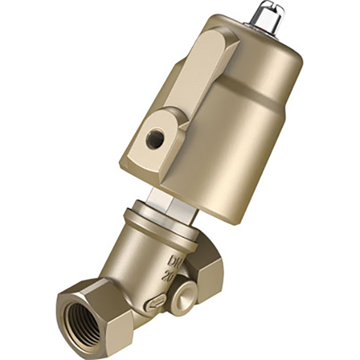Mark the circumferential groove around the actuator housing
coord(247,98)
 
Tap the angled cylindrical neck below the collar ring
coord(139,252)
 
